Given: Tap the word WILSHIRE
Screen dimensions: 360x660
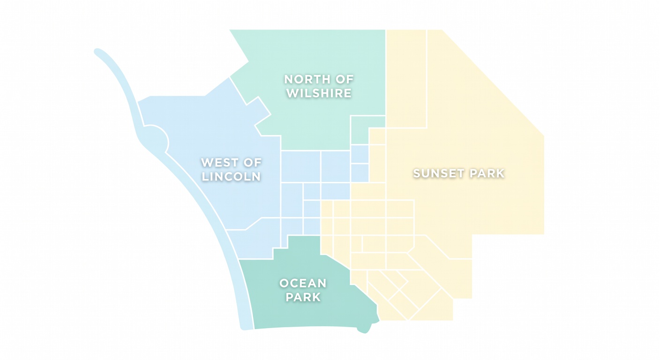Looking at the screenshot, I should tap(319, 93).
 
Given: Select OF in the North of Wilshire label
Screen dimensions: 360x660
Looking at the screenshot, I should tap(345, 79).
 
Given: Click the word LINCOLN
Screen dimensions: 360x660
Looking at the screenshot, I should tap(231, 177).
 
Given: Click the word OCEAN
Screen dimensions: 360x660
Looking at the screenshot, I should tap(303, 283).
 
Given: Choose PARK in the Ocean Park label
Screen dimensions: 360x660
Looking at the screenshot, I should tap(303, 297).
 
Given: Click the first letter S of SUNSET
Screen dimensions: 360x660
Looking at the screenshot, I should tap(417, 173).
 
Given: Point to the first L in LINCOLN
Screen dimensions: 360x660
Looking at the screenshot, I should tap(205, 177).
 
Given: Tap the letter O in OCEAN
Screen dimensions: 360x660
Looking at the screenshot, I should tap(284, 283).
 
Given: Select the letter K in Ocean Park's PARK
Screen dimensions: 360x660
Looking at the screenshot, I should tap(317, 297).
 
